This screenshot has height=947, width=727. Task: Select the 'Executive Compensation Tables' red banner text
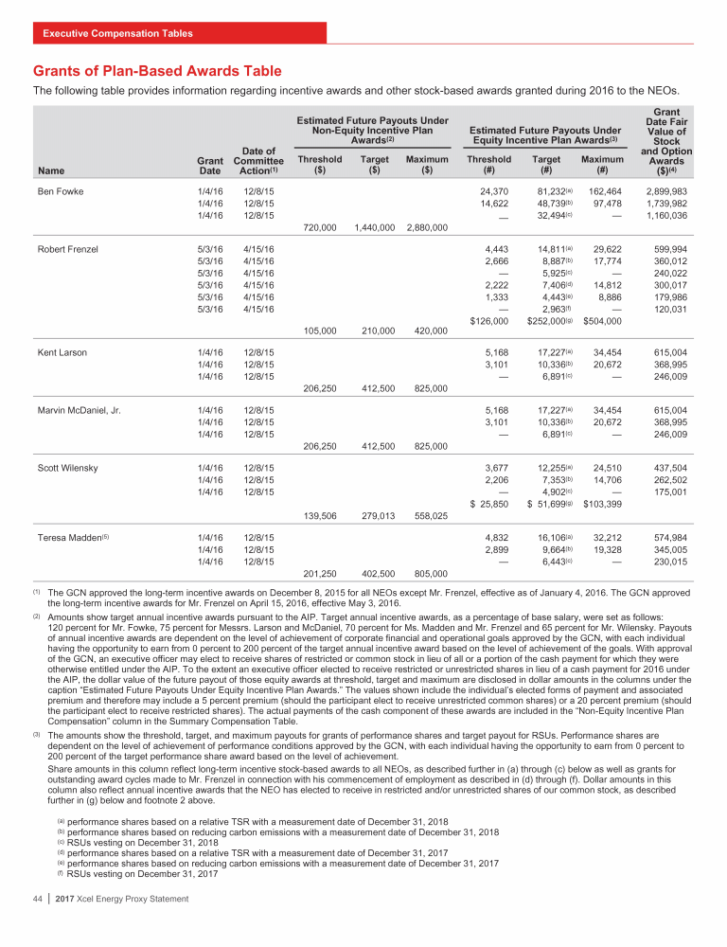tap(117, 34)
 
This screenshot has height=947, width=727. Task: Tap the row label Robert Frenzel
tap(69, 249)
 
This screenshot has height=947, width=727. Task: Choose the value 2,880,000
tap(426, 229)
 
